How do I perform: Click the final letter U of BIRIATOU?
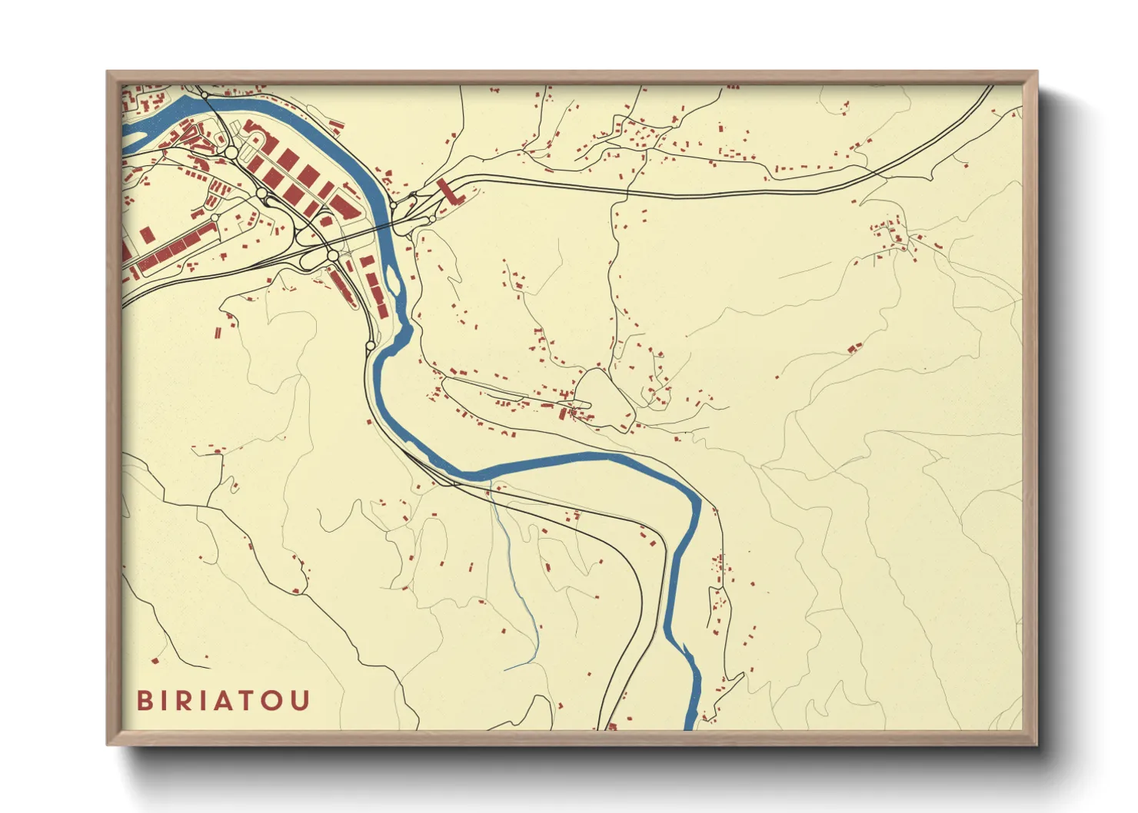point(301,701)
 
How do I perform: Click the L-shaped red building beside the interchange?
point(448,191)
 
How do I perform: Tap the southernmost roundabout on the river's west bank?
point(371,347)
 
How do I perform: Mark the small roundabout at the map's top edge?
point(205,95)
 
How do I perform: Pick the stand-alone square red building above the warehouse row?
point(145,234)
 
